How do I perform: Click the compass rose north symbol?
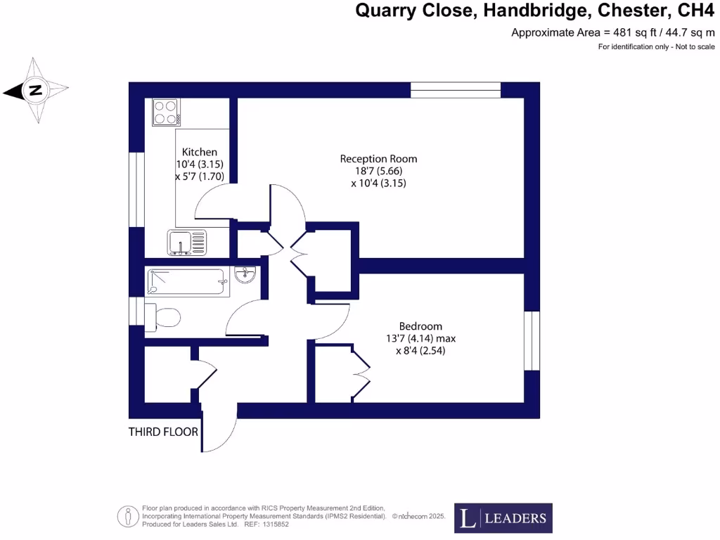coord(35,90)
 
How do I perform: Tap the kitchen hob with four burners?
coord(166,112)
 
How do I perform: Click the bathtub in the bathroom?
coord(186,282)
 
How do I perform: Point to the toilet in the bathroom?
coord(162,317)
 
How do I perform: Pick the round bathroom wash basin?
coord(247,274)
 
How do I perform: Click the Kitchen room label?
coord(200,152)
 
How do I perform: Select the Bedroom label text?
coord(420,326)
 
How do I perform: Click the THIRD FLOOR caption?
coord(163,432)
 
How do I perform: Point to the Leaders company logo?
coord(503,518)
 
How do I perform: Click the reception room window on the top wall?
coord(455,90)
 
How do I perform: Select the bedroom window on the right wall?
coord(532,340)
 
